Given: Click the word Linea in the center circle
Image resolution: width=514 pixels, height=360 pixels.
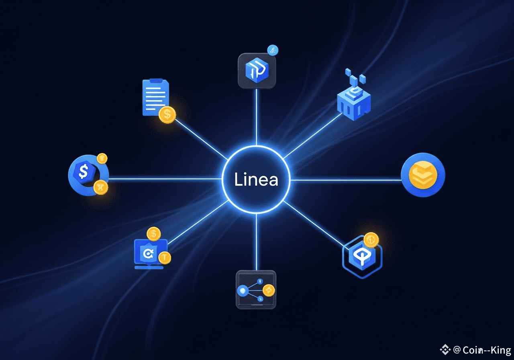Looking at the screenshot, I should pyautogui.click(x=256, y=180).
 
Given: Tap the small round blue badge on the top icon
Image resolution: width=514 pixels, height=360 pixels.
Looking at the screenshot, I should pyautogui.click(x=273, y=51).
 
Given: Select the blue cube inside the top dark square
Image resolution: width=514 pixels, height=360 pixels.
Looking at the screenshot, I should pyautogui.click(x=256, y=71).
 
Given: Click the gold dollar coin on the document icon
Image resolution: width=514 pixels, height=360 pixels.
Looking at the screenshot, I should pyautogui.click(x=167, y=115).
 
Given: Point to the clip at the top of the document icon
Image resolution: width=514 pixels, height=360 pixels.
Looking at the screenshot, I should pyautogui.click(x=156, y=81).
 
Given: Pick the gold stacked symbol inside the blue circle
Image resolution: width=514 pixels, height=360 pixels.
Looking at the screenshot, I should pyautogui.click(x=422, y=175).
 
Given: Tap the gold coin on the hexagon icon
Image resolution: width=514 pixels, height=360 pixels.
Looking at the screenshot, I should pyautogui.click(x=371, y=240).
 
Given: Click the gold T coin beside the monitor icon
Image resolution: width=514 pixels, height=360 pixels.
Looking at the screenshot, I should pyautogui.click(x=165, y=257).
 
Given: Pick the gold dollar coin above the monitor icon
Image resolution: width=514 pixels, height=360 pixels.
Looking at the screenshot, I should pyautogui.click(x=153, y=233).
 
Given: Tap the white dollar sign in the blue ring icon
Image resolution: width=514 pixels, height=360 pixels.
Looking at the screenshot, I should pyautogui.click(x=84, y=172).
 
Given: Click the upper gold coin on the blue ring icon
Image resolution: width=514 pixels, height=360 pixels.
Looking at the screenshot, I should pyautogui.click(x=102, y=158).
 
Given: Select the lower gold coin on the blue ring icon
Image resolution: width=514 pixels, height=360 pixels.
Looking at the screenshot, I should pyautogui.click(x=100, y=187).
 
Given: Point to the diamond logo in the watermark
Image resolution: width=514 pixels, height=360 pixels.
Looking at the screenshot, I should pyautogui.click(x=445, y=350).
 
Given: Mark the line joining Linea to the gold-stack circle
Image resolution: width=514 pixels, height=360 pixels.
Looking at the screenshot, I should pyautogui.click(x=345, y=180).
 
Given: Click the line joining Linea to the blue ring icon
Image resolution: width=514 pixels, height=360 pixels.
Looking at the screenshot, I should pyautogui.click(x=165, y=179).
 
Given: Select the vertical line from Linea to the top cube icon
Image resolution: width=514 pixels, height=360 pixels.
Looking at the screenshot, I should pyautogui.click(x=256, y=117).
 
